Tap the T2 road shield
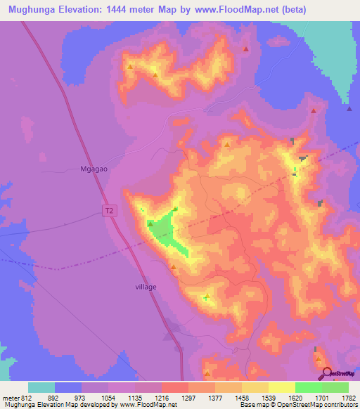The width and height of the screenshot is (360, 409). pyautogui.click(x=108, y=210)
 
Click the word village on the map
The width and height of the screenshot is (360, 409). pyautogui.click(x=146, y=287)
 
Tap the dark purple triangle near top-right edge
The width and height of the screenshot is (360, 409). pyautogui.click(x=349, y=108)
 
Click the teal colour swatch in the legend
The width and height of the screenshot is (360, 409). pyautogui.click(x=41, y=387)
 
